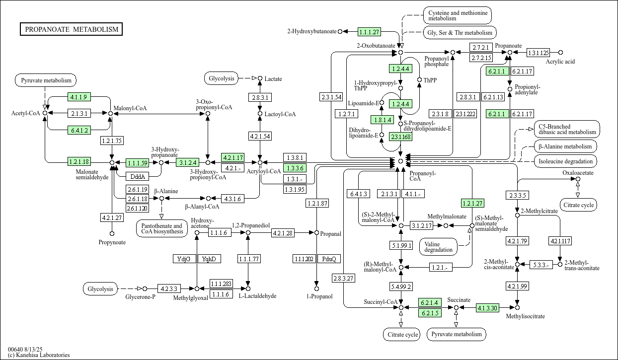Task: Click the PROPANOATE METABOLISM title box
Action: (x=72, y=29)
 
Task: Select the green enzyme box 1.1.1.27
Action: (x=369, y=32)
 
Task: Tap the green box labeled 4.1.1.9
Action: (x=78, y=97)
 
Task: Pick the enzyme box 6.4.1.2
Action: (x=78, y=131)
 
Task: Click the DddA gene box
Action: (x=136, y=176)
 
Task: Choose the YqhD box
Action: (x=209, y=259)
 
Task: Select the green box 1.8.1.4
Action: (x=382, y=120)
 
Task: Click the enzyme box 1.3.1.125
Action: (x=538, y=53)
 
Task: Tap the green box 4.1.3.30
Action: (x=487, y=308)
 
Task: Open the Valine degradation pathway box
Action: (x=439, y=246)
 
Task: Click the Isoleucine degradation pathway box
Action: (x=566, y=161)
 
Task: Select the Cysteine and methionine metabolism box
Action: (x=457, y=15)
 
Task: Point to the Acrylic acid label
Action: (x=560, y=62)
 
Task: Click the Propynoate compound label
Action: (x=112, y=242)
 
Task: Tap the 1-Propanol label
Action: (x=316, y=296)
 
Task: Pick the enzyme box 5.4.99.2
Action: (x=400, y=287)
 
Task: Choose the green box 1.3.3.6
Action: (x=294, y=168)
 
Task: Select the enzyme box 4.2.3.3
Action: (x=169, y=288)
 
